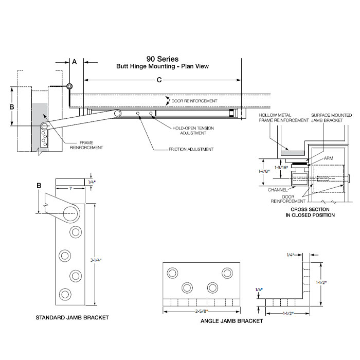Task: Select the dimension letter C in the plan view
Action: pyautogui.click(x=159, y=80)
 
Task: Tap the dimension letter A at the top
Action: pyautogui.click(x=74, y=62)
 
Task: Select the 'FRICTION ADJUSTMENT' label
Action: pyautogui.click(x=191, y=149)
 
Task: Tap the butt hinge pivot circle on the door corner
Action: pyautogui.click(x=69, y=86)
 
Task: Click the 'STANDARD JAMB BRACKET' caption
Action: pyautogui.click(x=72, y=318)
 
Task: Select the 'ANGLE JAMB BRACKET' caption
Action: pyautogui.click(x=231, y=321)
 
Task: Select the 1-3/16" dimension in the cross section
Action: pyautogui.click(x=280, y=168)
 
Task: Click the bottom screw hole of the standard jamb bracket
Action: pyautogui.click(x=65, y=294)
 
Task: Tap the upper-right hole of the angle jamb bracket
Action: pyautogui.click(x=227, y=272)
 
